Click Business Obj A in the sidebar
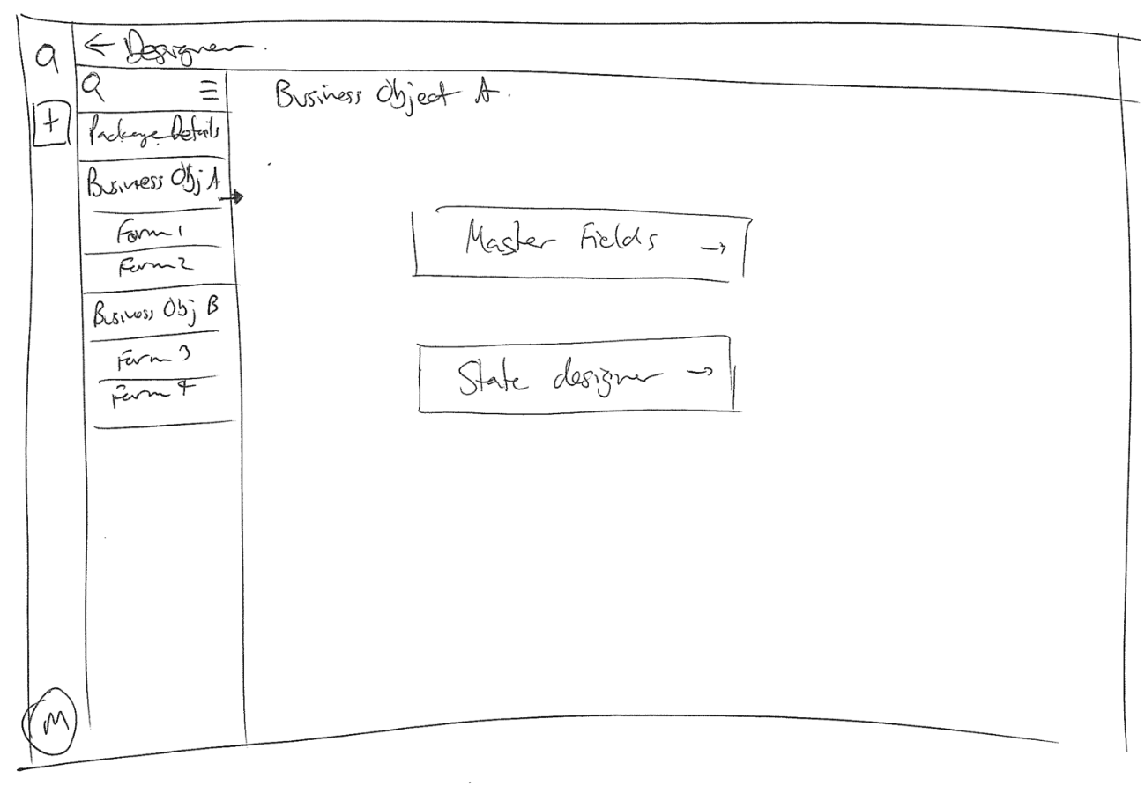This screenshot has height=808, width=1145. coord(152,184)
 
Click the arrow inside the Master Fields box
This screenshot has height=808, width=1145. coord(713,249)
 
